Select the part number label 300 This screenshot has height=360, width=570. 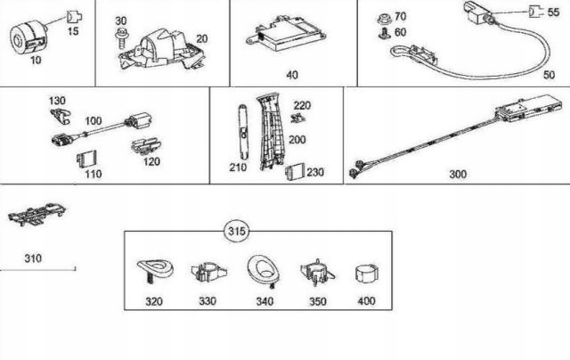(458, 175)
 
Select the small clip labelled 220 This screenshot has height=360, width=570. (299, 115)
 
